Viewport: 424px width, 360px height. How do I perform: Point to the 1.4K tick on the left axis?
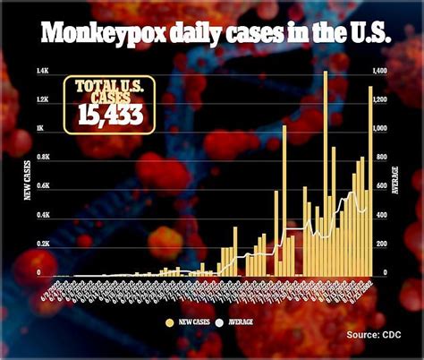pos(42,71)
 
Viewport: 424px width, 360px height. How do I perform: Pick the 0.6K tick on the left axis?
pos(42,186)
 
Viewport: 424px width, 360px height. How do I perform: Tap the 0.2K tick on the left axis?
pos(42,244)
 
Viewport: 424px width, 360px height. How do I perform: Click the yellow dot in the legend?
pos(170,321)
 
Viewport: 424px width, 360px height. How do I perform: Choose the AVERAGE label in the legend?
pos(242,321)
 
